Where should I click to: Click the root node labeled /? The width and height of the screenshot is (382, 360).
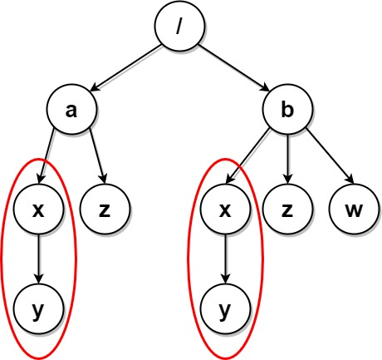(x=180, y=26)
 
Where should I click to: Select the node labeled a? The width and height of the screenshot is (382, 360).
(x=71, y=109)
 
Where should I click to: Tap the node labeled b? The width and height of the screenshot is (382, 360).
(x=287, y=109)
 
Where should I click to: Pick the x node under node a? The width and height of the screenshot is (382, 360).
(x=38, y=210)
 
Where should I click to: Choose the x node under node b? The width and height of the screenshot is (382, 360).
(x=225, y=210)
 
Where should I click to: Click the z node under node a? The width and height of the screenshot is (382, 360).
(x=105, y=210)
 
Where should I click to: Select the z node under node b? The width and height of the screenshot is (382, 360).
(x=287, y=210)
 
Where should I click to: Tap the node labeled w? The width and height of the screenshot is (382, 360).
(x=354, y=210)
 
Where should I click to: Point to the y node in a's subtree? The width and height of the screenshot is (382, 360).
(x=38, y=309)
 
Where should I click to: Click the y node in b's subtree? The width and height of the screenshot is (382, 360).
(x=225, y=309)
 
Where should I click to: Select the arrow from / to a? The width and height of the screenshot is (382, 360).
(x=125, y=68)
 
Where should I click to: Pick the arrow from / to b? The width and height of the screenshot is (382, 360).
(x=234, y=68)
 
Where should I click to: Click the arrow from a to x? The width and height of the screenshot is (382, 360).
(x=47, y=157)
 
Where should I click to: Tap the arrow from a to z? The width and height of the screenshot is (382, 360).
(x=97, y=157)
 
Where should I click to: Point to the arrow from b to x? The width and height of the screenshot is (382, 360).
(x=248, y=156)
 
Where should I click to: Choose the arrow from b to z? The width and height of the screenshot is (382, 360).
(x=287, y=159)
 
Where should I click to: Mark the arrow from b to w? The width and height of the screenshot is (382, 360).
(x=330, y=156)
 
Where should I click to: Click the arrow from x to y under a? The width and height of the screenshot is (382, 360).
(x=38, y=259)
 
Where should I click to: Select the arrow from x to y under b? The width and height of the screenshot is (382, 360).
(x=225, y=259)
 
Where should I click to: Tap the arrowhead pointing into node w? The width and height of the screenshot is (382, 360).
(x=350, y=180)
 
